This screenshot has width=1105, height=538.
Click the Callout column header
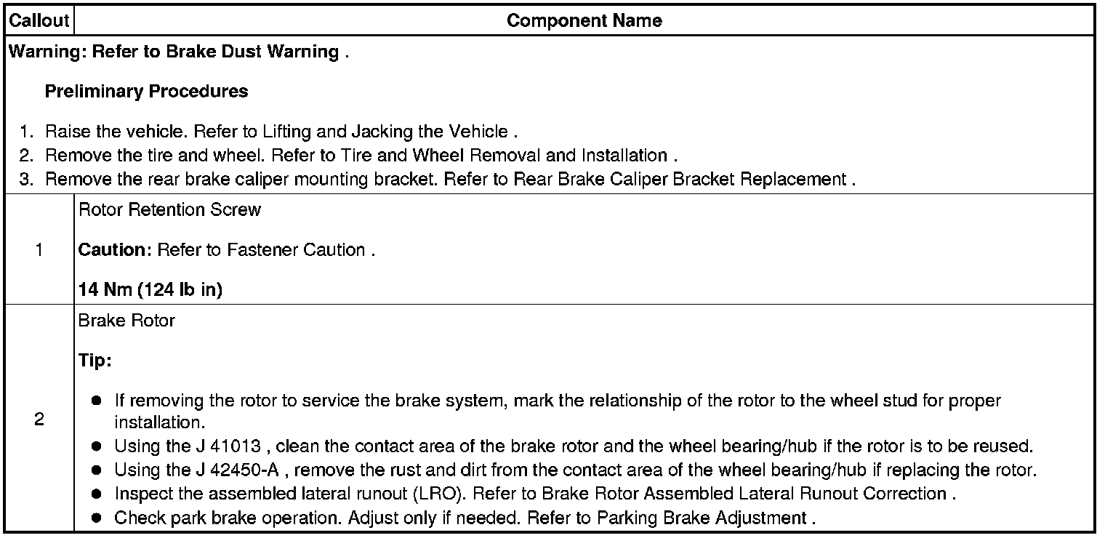click(39, 20)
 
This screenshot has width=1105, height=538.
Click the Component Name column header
click(584, 20)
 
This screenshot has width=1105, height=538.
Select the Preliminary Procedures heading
click(146, 92)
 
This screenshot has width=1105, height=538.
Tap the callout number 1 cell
click(39, 250)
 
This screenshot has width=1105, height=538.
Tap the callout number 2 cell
click(39, 420)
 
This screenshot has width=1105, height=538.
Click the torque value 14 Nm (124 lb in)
click(150, 290)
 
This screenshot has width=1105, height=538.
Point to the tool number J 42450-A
click(244, 470)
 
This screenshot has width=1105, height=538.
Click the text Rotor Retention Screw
click(169, 210)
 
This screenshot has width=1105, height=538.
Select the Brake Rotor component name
click(126, 321)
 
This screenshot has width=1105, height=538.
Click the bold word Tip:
click(95, 361)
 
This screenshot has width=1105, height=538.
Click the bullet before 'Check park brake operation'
click(97, 518)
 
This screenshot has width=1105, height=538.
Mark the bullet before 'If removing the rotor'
click(97, 401)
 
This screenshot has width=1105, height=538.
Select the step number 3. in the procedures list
click(27, 180)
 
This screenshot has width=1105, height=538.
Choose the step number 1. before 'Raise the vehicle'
click(27, 132)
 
